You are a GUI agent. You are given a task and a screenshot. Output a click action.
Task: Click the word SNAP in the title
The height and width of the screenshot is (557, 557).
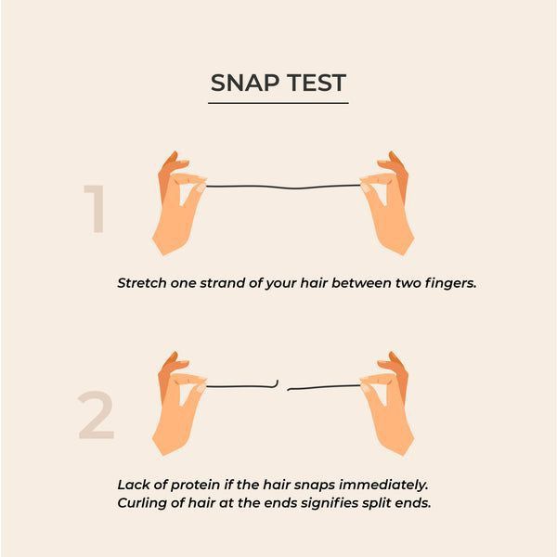pos(245,83)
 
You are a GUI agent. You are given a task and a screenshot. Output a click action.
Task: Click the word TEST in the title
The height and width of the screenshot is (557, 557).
pos(317,83)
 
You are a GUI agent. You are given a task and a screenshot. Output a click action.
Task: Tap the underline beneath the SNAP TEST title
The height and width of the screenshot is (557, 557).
pos(278,103)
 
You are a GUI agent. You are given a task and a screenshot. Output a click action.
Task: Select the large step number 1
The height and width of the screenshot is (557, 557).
pos(95,209)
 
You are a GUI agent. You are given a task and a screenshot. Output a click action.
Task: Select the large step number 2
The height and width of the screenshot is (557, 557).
pos(96,415)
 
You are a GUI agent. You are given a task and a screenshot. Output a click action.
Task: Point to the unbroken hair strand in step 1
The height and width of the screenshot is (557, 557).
pos(283,187)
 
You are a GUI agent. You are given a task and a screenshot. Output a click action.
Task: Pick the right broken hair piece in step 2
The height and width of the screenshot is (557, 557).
pos(324,387)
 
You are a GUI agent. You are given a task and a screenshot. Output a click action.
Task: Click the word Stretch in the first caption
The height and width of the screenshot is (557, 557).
pos(142,283)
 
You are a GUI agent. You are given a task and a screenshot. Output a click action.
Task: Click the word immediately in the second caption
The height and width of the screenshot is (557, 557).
pos(383,486)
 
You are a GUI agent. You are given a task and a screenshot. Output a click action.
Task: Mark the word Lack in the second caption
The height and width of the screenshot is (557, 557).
pos(131,485)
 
